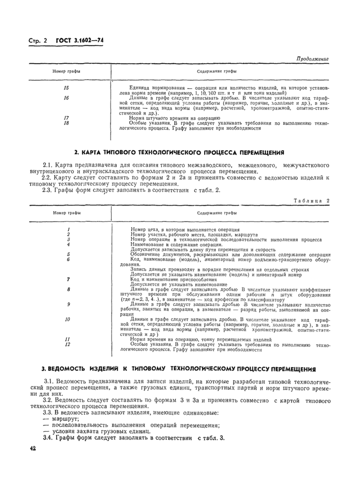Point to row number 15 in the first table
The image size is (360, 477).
[x=66, y=88]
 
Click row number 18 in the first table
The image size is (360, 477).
[x=66, y=123]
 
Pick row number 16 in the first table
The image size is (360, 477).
[x=66, y=98]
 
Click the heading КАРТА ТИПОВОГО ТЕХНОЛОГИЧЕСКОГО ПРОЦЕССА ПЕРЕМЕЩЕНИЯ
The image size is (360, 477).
[x=179, y=153]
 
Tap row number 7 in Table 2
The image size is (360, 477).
[x=68, y=279]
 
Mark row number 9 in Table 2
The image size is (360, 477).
[x=68, y=304]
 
